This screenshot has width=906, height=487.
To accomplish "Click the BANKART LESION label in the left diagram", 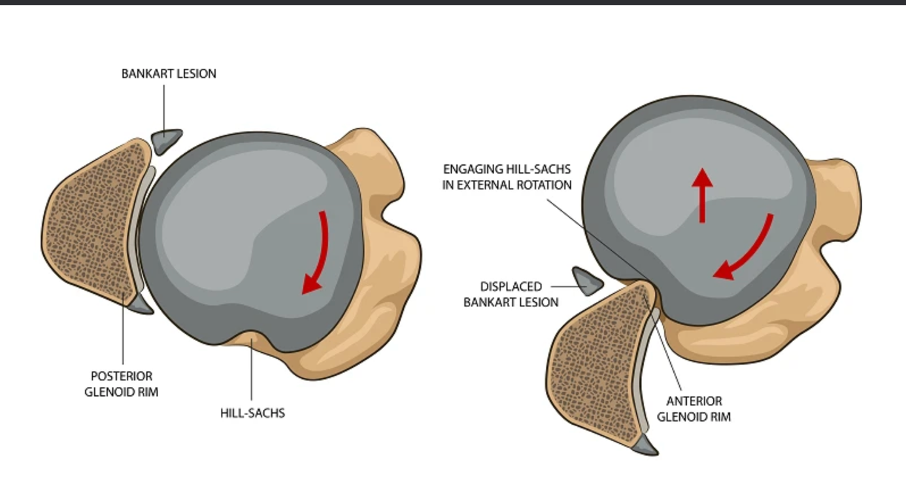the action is point(169,74).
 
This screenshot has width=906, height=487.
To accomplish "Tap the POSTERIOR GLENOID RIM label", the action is point(122,384).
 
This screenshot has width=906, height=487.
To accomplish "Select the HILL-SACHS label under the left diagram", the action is point(252,413).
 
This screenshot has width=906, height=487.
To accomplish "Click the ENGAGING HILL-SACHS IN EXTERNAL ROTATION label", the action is point(507,177).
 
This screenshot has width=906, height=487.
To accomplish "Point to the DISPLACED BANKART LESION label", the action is point(511,295).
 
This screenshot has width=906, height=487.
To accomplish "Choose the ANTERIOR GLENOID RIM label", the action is point(694,408).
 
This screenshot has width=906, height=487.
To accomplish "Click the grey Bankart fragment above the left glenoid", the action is point(167,140).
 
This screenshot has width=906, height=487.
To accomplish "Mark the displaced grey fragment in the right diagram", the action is point(587,280).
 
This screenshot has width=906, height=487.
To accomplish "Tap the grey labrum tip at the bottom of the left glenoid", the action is point(141,304).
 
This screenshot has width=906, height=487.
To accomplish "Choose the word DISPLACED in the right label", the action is point(511,287).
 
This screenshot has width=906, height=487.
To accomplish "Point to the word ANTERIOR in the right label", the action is point(694,401).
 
